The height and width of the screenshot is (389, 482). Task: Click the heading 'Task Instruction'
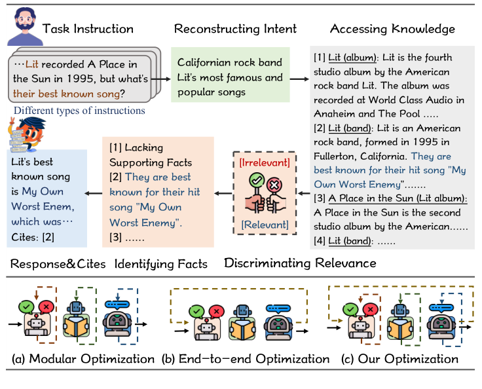pos(88,29)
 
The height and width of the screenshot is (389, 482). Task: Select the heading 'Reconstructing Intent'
pos(235,29)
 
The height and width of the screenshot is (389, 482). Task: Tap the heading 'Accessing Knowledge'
pos(392,29)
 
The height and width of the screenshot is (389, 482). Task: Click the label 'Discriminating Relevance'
pos(300,263)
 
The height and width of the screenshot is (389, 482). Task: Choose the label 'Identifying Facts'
pos(161,265)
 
